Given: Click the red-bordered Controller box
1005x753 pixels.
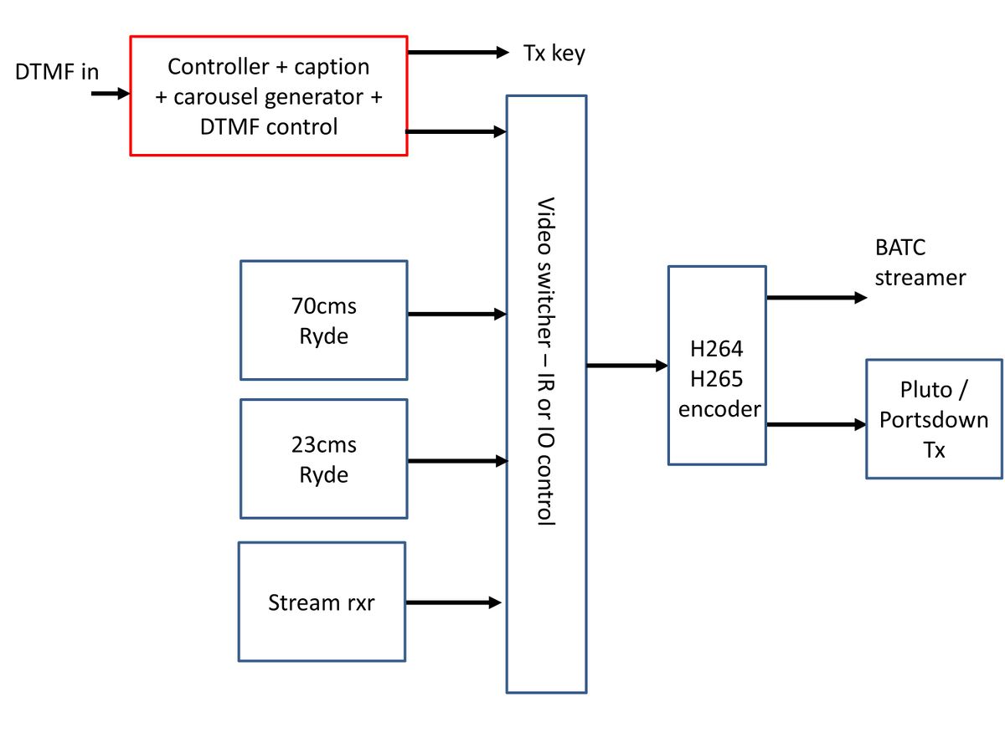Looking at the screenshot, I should coord(268,95).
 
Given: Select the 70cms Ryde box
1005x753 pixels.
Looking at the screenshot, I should coord(323,320).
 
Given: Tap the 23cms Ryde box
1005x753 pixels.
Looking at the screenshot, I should coord(323,458).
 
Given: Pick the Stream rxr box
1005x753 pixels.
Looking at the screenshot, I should coord(322,602).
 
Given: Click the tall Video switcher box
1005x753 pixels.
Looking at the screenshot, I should coord(546,393).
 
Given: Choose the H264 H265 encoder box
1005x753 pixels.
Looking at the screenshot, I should coord(717,365).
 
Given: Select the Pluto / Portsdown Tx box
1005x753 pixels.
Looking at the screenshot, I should coord(933,418).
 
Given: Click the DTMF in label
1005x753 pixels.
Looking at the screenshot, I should coord(57,72).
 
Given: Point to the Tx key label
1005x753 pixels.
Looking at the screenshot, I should coord(554,53).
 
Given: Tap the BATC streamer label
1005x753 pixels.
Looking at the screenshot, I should coord(920,263).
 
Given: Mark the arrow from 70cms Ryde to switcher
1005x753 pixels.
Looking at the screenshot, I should coord(456,315).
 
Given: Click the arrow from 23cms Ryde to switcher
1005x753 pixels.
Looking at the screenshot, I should coord(456,461).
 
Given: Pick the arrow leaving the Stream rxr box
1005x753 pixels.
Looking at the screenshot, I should coord(453,602).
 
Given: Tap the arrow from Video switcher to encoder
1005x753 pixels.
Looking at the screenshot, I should coord(626,366).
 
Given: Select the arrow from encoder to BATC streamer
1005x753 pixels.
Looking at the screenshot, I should coord(817,297).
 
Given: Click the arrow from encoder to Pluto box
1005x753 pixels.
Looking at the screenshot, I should coord(816,425).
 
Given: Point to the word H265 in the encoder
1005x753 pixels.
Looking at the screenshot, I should coord(717,379).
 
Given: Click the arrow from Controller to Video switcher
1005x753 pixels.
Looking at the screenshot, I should coord(456,131).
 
